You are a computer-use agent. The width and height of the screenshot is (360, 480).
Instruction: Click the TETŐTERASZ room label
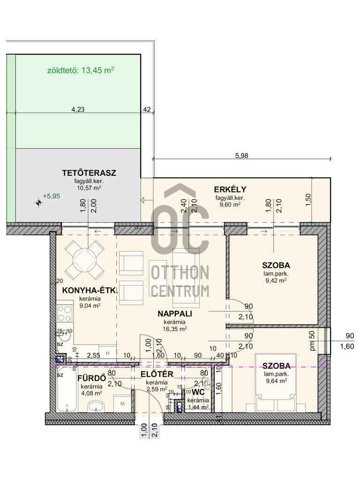[x=89, y=173]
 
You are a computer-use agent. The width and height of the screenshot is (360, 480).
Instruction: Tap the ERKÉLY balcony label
[x=230, y=189]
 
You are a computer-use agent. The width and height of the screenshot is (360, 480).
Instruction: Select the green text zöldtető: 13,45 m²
[x=81, y=70]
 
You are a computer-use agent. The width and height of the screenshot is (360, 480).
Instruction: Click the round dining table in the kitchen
[x=85, y=259]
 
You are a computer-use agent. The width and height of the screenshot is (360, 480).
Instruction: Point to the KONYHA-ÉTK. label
[x=90, y=290]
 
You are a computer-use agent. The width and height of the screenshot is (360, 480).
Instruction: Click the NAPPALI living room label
[x=175, y=314]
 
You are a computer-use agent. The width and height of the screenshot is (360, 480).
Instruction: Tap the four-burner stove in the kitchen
[x=65, y=314]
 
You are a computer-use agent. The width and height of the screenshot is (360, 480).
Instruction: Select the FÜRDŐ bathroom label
[x=91, y=378]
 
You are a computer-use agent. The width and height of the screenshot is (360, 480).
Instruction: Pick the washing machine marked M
[x=122, y=404]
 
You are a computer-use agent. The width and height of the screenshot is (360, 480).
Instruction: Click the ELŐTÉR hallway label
[x=157, y=374]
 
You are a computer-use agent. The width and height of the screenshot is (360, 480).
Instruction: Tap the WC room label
[x=198, y=392]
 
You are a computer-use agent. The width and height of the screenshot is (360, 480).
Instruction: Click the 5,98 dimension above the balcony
[x=241, y=156]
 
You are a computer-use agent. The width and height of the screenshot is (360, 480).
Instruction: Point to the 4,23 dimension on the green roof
[x=78, y=109]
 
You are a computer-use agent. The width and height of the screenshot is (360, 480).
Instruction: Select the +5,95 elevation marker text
[x=52, y=196]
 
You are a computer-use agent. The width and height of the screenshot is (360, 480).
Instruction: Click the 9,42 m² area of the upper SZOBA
[x=276, y=280]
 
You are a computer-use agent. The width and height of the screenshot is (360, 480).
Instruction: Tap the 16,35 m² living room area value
[x=175, y=329]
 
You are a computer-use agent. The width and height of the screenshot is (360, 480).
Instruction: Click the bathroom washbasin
[x=96, y=406]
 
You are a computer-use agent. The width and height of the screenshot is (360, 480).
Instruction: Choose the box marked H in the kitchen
[x=107, y=353]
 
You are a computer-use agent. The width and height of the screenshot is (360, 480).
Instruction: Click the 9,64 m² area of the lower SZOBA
[x=276, y=381]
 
